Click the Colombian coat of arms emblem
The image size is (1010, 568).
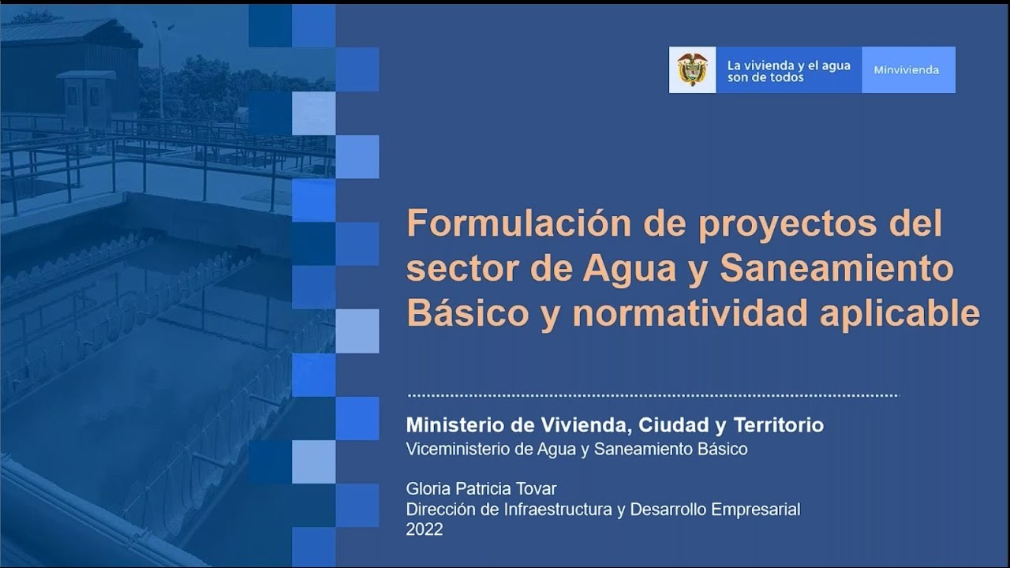[692, 69]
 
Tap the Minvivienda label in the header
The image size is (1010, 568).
[906, 70]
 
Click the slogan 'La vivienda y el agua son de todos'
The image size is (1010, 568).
[788, 71]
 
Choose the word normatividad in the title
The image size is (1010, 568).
[690, 313]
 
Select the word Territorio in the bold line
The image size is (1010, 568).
[778, 425]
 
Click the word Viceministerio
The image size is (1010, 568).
[462, 449]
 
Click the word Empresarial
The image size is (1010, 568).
[755, 510]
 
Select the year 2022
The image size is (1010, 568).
[425, 530]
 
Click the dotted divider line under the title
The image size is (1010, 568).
[653, 395]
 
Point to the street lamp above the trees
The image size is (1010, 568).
[163, 28]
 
